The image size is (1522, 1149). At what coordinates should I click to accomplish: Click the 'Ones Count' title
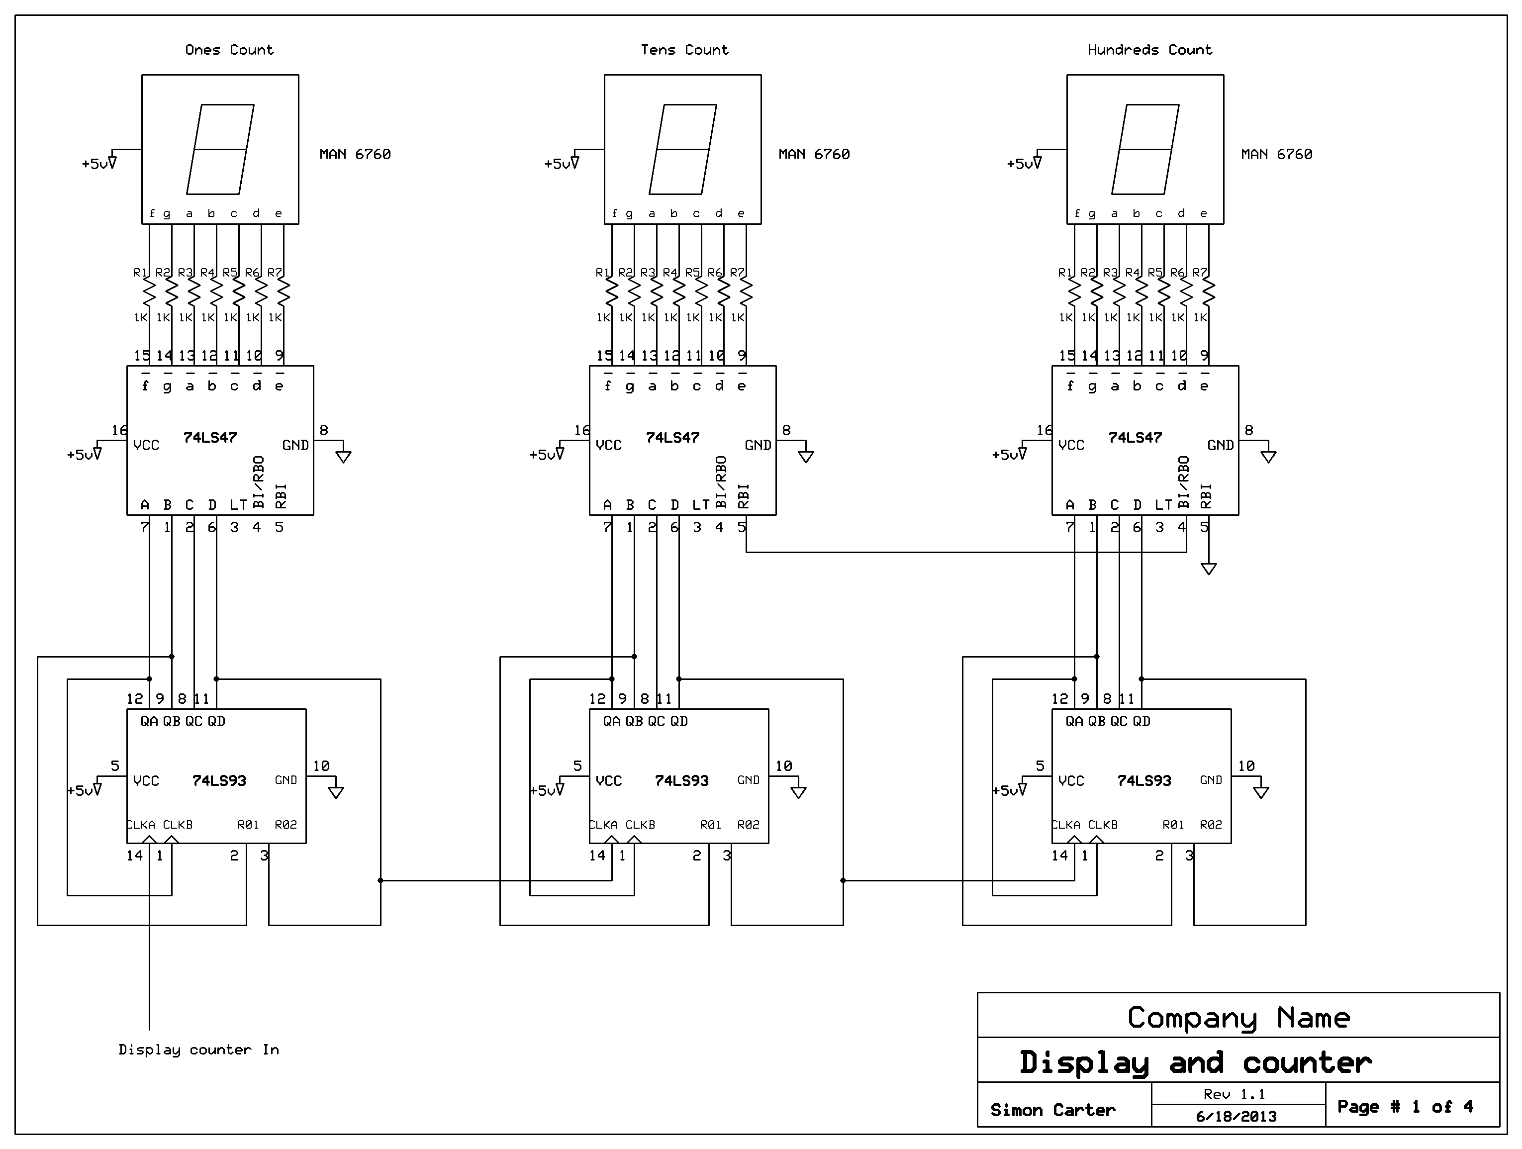coord(229,50)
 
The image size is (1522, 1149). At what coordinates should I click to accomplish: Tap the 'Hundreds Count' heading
coord(1150,50)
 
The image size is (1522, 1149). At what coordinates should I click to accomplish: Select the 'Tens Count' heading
coord(684,50)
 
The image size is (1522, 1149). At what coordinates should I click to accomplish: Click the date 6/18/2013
coord(1237,1117)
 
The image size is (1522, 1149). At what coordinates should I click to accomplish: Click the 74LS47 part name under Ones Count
coord(210,438)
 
